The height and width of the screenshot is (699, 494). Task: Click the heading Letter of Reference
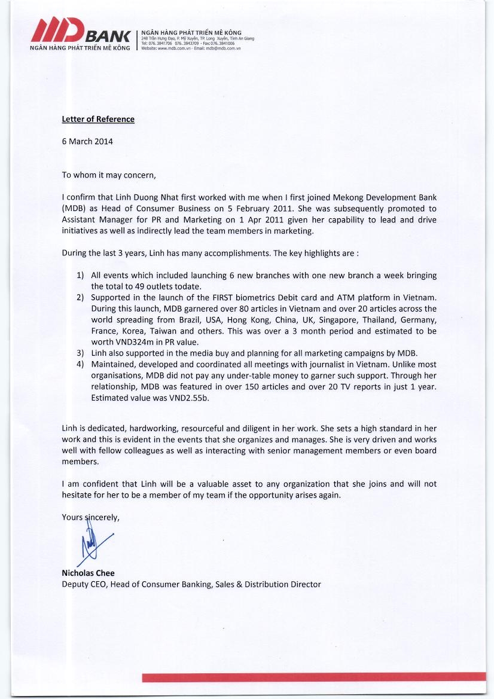coord(98,119)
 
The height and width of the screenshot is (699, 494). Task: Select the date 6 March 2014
coord(87,142)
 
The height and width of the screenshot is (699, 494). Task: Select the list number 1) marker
coord(80,276)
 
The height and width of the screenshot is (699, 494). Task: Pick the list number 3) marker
coord(80,353)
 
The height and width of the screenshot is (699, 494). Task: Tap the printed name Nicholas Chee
coord(88,573)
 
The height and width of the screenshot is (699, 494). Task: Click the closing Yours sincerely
coord(90,517)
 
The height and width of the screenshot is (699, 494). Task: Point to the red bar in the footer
coord(313,677)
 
